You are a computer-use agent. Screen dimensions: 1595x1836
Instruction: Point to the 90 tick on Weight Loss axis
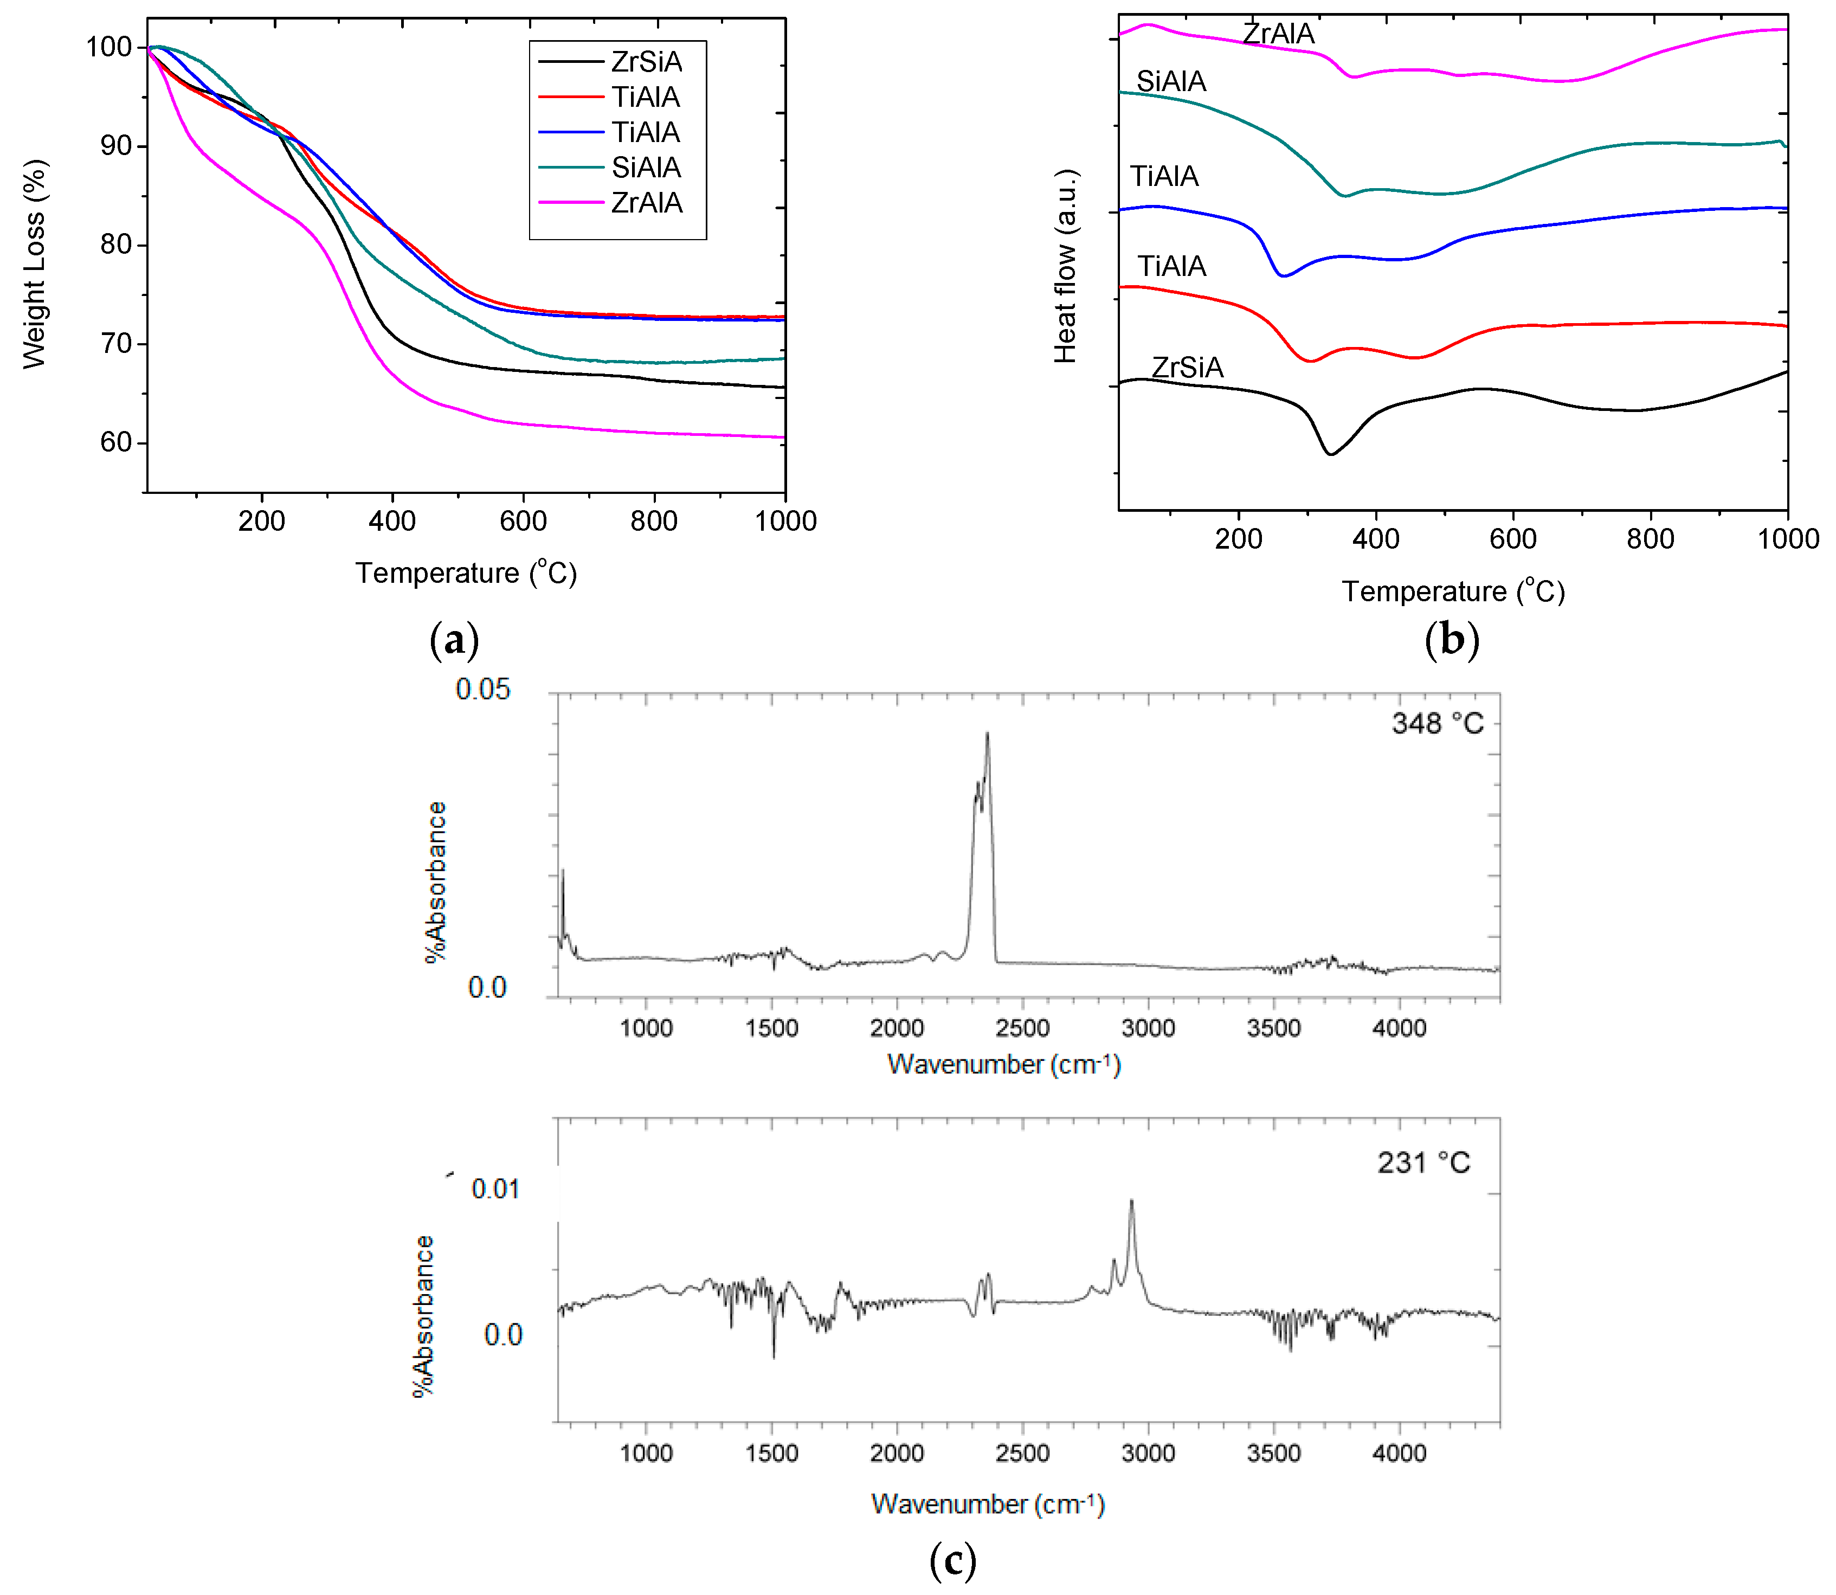coord(115,146)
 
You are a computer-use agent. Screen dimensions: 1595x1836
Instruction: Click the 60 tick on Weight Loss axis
coord(115,442)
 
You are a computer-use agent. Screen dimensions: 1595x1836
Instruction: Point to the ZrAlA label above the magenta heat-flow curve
coord(1278,34)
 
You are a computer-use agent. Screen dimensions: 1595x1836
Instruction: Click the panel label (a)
coord(454,639)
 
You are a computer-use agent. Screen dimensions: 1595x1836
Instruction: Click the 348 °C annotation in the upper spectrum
coord(1437,724)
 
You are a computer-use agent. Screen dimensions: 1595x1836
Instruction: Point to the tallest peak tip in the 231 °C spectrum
coord(1131,1201)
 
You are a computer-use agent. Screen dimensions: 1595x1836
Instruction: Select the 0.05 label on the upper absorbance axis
coord(483,689)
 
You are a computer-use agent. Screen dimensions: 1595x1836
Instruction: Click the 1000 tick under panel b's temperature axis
coord(1788,538)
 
